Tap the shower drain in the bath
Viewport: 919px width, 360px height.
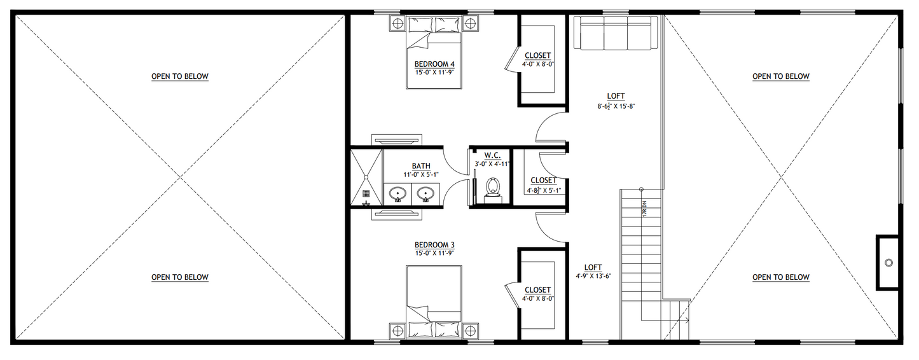366,193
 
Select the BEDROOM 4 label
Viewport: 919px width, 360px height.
434,64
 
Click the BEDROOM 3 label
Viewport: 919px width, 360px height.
434,245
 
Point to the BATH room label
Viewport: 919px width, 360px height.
421,166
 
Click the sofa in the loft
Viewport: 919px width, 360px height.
612,32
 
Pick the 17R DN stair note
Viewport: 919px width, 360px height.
644,209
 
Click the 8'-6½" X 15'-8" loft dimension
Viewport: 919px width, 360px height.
616,106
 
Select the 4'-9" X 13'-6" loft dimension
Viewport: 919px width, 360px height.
593,276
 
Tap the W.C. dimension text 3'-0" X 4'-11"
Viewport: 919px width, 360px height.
492,164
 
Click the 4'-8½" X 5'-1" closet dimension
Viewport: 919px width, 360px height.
544,190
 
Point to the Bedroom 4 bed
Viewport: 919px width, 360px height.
434,53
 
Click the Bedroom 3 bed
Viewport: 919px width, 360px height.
434,302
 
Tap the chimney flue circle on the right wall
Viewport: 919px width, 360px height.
888,263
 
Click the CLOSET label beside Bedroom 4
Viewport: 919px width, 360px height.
538,55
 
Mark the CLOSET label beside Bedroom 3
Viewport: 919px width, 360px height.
538,290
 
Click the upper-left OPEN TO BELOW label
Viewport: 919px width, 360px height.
180,76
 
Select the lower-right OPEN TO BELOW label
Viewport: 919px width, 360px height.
781,277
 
